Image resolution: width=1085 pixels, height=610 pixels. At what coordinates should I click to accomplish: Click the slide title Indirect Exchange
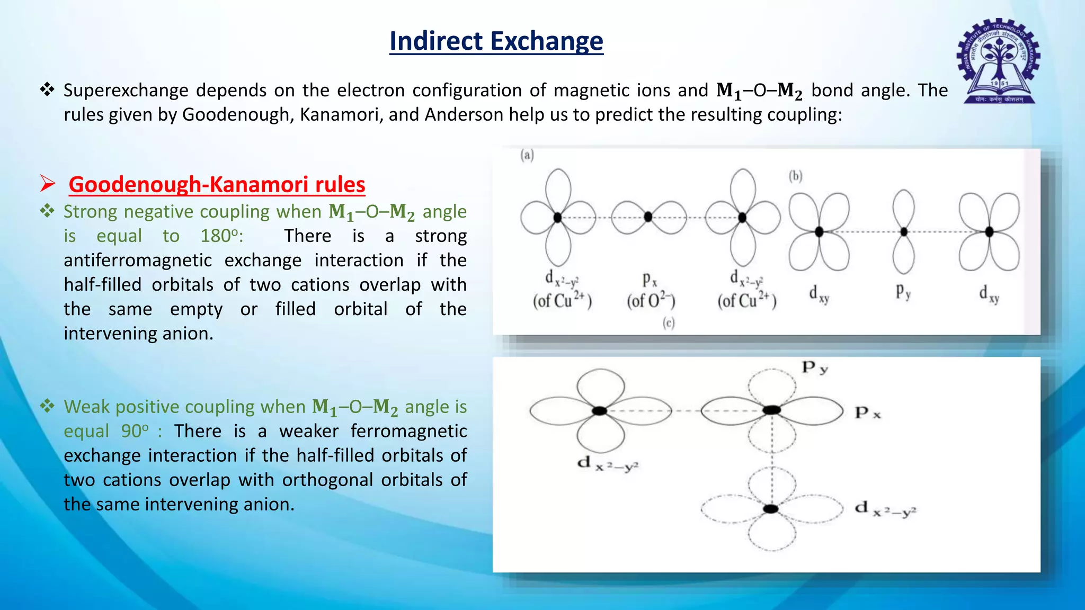(x=496, y=41)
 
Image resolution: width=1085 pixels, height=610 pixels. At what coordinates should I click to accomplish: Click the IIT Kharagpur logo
(x=998, y=61)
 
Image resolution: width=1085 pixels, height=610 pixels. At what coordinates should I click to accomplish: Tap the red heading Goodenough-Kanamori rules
(x=217, y=184)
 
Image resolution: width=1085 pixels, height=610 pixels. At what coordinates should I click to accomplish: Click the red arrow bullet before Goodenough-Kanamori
(x=48, y=184)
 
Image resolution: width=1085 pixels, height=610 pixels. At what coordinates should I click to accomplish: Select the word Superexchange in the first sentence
(x=126, y=91)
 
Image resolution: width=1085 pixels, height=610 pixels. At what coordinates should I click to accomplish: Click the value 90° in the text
(x=135, y=431)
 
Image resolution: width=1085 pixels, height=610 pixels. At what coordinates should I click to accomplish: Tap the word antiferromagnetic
(x=138, y=260)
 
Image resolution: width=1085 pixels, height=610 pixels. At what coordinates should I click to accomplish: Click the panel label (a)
(x=527, y=155)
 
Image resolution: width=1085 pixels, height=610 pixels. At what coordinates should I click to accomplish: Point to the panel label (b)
(x=796, y=176)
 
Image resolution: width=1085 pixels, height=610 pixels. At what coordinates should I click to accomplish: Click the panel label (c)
(x=669, y=323)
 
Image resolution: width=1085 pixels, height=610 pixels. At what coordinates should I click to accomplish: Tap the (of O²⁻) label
(x=651, y=301)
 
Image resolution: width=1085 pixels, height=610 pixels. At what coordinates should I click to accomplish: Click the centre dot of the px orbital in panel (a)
(x=648, y=217)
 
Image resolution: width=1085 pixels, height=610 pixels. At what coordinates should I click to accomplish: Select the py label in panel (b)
(x=903, y=291)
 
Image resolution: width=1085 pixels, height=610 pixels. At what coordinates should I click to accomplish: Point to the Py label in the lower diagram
(x=815, y=367)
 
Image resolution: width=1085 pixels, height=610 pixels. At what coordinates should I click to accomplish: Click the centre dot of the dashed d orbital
(x=771, y=509)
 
